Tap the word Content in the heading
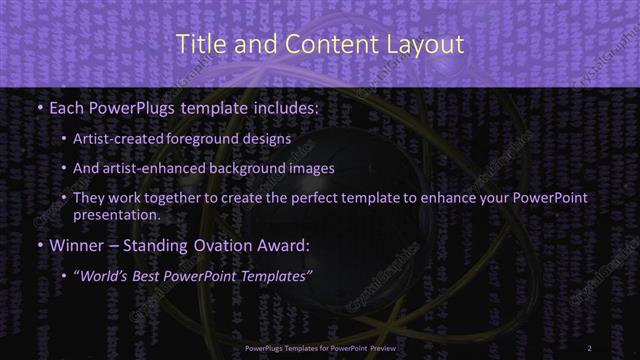pyautogui.click(x=325, y=44)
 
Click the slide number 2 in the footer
pyautogui.click(x=589, y=348)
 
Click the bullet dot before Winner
pyautogui.click(x=38, y=243)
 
